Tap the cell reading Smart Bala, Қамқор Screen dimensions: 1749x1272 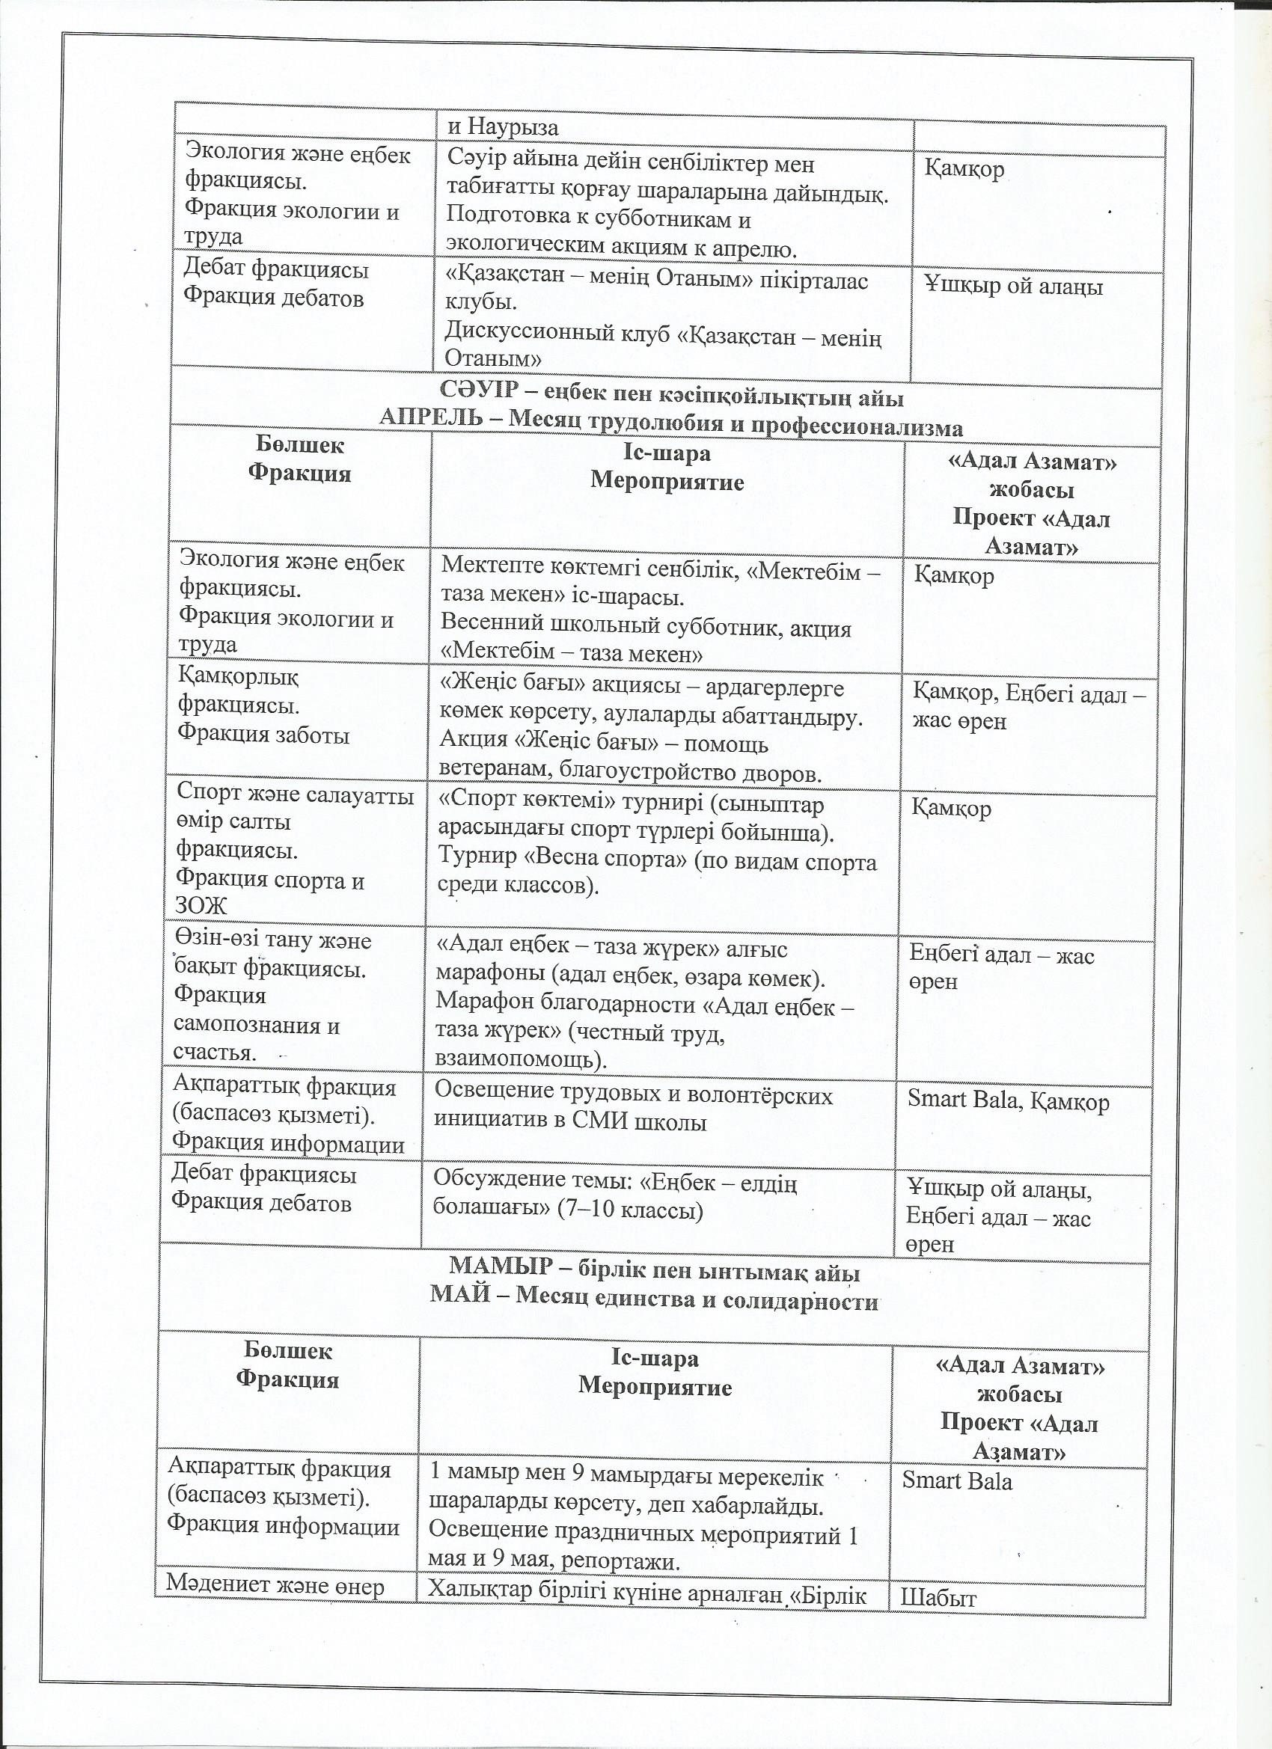pos(1007,1100)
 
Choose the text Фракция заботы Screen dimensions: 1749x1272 pos(263,735)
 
